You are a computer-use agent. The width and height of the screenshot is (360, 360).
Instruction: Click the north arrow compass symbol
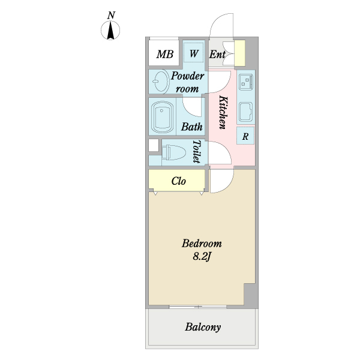pos(110,30)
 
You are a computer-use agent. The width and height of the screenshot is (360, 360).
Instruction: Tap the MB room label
pos(165,55)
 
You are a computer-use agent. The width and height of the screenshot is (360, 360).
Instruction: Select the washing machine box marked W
pos(194,53)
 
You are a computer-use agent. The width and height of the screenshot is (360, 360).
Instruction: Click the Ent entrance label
pos(217,55)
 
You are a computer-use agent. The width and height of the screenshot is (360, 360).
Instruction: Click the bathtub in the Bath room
pos(163,117)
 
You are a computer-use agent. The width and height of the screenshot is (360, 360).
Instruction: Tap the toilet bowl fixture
pos(173,152)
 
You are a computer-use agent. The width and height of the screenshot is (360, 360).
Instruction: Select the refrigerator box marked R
pos(245,136)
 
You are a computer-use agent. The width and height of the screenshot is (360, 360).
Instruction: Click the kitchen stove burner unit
pos(246,82)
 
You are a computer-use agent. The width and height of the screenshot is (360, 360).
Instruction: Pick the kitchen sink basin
pos(245,112)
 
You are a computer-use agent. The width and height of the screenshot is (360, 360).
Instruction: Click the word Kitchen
pos(223,112)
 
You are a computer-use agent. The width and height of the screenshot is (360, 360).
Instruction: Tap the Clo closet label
pos(179,181)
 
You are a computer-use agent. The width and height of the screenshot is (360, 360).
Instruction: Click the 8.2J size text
pos(202,257)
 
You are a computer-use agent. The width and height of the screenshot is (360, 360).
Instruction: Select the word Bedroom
pos(202,244)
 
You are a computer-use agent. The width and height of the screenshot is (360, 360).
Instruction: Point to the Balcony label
pos(203,327)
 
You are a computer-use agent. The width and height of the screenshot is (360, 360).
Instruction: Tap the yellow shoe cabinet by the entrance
pos(239,53)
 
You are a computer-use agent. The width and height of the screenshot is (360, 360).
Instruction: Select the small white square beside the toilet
pos(154,145)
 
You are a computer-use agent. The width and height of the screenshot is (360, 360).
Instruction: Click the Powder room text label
pos(188,82)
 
